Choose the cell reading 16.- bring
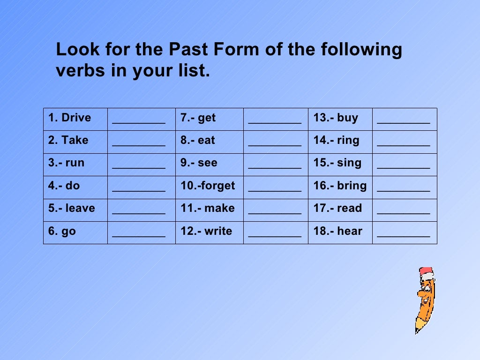[340, 186]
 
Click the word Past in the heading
[191, 50]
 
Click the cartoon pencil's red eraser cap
[427, 271]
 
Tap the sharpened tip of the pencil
[417, 330]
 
